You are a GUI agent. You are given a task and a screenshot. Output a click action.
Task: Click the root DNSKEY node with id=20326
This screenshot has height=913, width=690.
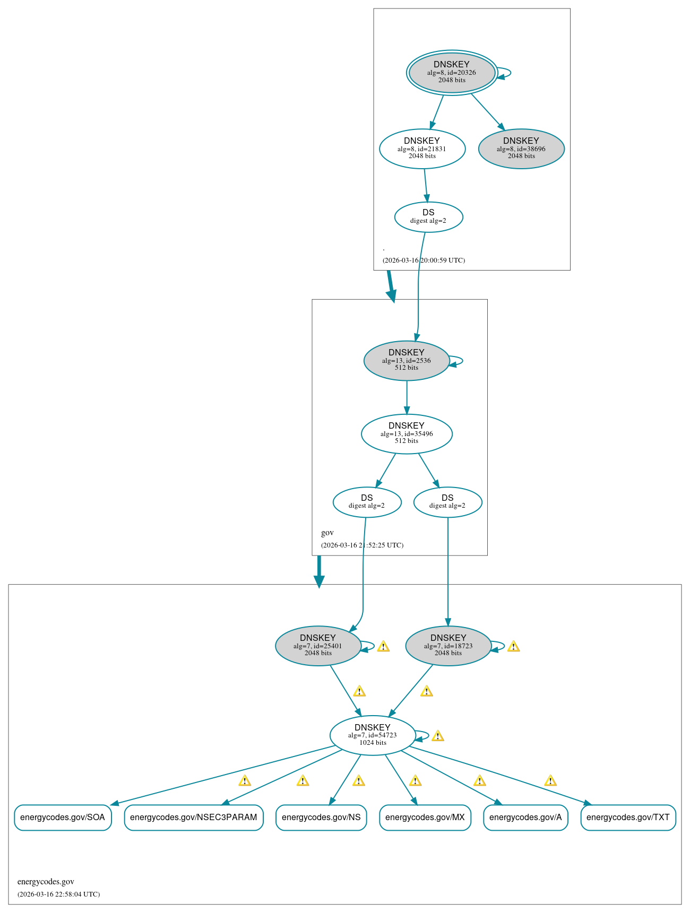pos(452,73)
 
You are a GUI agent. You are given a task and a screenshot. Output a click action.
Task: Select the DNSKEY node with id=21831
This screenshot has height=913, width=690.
pos(422,149)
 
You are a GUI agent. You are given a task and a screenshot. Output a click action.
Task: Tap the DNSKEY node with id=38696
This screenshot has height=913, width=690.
pos(521,149)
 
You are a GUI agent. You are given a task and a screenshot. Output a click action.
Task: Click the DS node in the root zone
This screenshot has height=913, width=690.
pos(428,216)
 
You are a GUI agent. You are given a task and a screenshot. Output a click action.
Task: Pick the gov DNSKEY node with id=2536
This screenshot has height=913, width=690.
pos(407,360)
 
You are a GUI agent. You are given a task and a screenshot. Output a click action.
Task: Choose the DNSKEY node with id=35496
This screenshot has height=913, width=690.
pos(407,433)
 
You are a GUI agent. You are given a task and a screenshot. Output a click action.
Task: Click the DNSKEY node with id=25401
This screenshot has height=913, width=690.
pos(318,646)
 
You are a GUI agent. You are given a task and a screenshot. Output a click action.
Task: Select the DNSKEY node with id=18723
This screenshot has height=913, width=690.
pos(448,646)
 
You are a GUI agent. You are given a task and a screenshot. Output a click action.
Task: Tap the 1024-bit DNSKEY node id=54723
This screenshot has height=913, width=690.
pos(373,735)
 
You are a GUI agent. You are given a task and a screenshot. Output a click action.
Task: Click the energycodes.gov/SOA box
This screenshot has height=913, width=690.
pos(63,818)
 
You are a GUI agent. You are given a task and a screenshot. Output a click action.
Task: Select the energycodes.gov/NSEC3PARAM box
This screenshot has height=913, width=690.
pos(193,818)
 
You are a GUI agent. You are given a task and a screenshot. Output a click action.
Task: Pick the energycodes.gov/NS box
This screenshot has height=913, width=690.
pos(321,818)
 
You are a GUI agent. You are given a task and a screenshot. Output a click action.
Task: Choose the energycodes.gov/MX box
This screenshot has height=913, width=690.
pos(425,818)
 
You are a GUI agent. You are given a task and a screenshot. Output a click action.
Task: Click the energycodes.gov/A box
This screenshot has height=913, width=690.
pos(525,818)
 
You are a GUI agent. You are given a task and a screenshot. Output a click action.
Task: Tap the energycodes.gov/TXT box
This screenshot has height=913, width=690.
pos(628,818)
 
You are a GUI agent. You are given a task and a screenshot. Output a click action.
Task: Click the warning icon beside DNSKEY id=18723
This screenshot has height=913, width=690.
pos(513,647)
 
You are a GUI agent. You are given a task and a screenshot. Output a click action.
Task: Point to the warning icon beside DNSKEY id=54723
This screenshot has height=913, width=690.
pos(437,736)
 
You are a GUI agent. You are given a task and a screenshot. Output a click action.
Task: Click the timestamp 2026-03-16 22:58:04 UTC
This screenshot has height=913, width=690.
pos(58,894)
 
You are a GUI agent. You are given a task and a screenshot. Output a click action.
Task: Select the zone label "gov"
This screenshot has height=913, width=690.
pos(327,533)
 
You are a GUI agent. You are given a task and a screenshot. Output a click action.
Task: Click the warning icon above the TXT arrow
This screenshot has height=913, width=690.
pos(550,781)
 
